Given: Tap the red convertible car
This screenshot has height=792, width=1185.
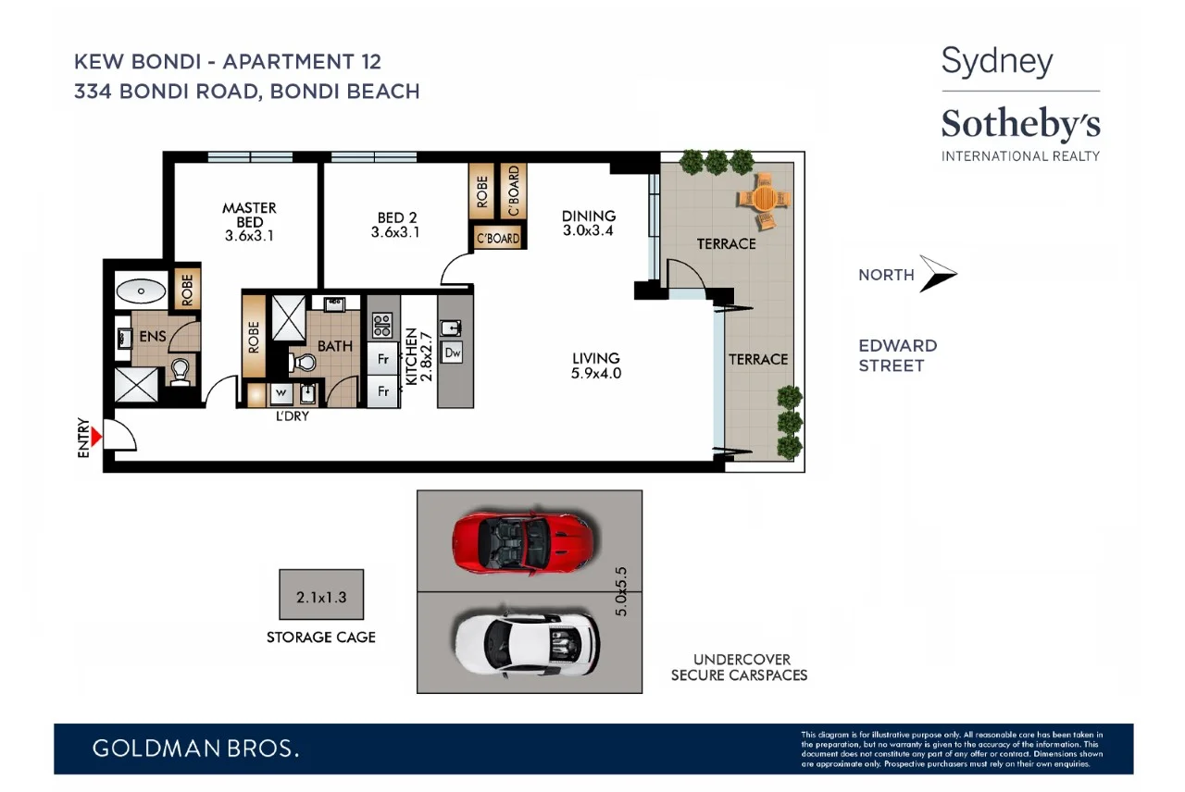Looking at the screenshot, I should click(x=521, y=542).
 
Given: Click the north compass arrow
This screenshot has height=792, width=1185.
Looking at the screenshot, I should click(x=937, y=274).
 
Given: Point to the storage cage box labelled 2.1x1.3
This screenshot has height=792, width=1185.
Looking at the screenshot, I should click(x=321, y=595).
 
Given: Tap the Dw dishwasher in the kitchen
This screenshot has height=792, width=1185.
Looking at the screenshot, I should click(x=453, y=353).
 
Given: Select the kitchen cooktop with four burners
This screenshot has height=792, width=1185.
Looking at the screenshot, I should click(x=381, y=325).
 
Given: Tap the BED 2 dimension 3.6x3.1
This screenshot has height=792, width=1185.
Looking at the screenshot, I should click(x=395, y=233).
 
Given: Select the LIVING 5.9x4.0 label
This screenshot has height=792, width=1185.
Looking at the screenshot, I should click(x=595, y=365).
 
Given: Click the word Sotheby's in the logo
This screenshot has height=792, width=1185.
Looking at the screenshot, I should click(x=1020, y=125).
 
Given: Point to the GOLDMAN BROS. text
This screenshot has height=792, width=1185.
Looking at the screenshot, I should click(x=195, y=749).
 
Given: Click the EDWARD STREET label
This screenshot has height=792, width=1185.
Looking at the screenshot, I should click(x=897, y=355).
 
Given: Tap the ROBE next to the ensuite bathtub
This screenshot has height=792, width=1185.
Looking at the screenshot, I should click(x=186, y=290).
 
